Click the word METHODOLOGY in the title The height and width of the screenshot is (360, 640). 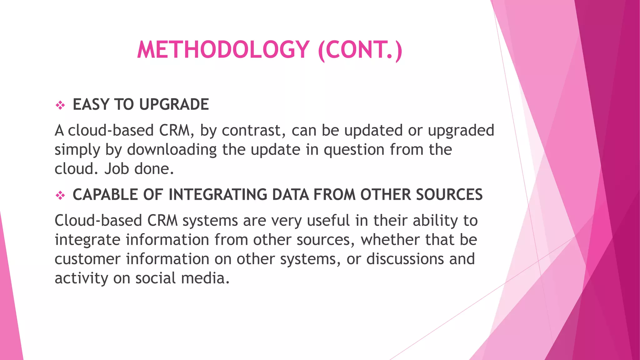(x=223, y=50)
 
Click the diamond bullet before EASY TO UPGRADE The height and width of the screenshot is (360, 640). (x=60, y=105)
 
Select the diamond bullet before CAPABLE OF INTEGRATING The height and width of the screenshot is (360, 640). (x=60, y=196)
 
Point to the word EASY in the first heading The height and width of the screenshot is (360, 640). (x=91, y=104)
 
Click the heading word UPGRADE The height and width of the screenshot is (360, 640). (x=174, y=104)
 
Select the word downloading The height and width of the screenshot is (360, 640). (x=172, y=150)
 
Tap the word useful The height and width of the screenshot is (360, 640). (x=328, y=221)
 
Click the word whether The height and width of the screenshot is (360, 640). (x=390, y=240)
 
